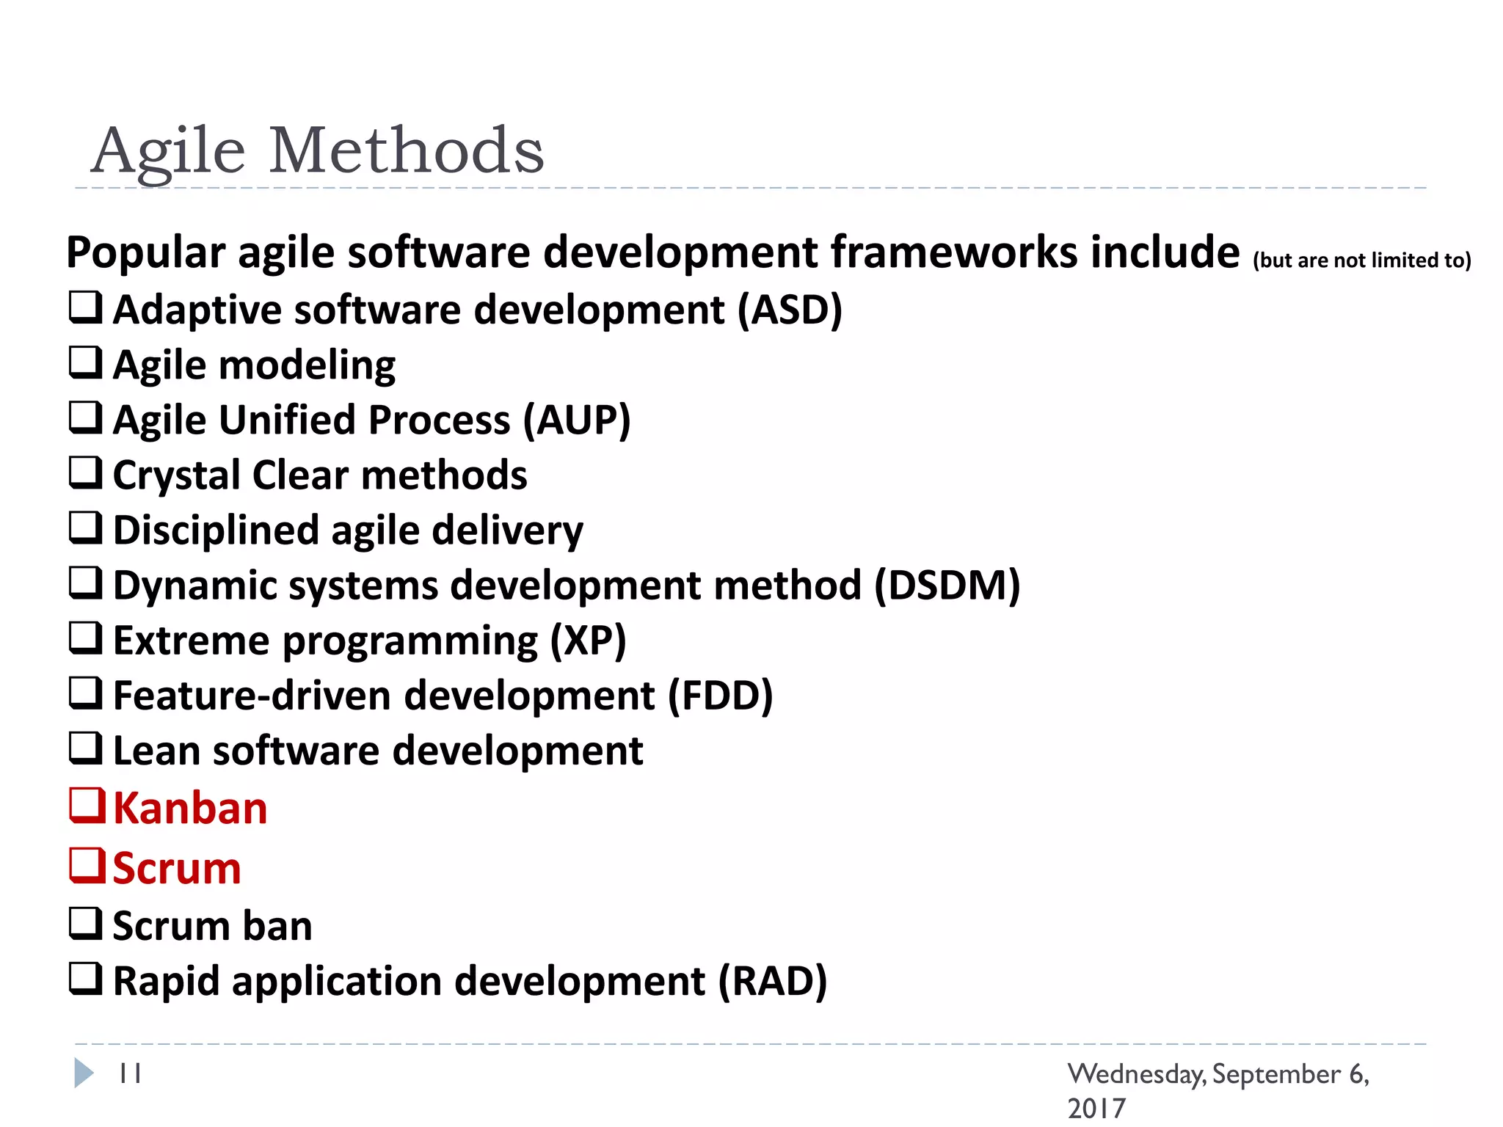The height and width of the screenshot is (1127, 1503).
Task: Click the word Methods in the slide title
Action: [x=407, y=150]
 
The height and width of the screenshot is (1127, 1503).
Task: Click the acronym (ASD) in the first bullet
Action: [x=790, y=310]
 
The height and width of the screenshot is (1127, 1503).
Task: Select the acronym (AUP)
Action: [x=577, y=420]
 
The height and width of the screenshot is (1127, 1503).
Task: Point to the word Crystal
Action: [x=177, y=475]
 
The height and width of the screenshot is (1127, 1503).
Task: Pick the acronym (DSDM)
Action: [x=947, y=586]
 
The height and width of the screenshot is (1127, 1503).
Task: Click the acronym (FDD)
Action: [x=720, y=696]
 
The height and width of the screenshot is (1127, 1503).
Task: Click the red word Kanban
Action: [x=190, y=809]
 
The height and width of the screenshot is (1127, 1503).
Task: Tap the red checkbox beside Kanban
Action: [x=87, y=806]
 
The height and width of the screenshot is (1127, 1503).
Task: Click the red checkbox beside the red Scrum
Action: [x=87, y=866]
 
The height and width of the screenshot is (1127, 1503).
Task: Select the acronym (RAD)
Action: [x=772, y=981]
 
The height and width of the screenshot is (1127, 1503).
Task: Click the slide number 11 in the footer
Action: [x=130, y=1073]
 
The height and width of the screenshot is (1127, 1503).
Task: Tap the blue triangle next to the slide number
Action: [x=84, y=1073]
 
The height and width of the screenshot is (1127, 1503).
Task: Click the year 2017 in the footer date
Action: [x=1096, y=1108]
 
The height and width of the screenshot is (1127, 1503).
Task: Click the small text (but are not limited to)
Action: [x=1361, y=260]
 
